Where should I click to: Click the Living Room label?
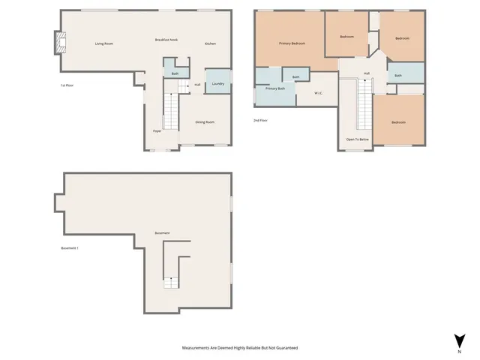(x=103, y=43)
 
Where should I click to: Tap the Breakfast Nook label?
(x=166, y=39)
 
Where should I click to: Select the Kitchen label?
(x=211, y=43)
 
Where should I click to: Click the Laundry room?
(x=218, y=83)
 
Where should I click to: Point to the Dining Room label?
(x=205, y=121)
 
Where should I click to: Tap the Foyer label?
(x=157, y=131)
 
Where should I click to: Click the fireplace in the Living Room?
(x=59, y=43)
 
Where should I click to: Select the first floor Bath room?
(x=175, y=73)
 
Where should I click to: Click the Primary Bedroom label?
(x=292, y=43)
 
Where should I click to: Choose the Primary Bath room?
(x=274, y=88)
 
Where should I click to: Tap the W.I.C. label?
(x=318, y=93)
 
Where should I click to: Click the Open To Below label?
(x=356, y=139)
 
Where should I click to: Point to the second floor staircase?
(x=364, y=105)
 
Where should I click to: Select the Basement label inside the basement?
(x=162, y=233)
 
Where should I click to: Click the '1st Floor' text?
(x=72, y=85)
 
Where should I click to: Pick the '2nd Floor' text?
(x=261, y=119)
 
